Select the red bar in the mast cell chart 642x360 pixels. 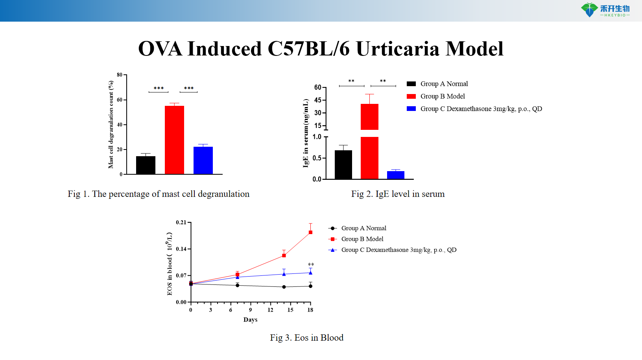coord(174,140)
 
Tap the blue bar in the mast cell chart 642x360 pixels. coord(203,160)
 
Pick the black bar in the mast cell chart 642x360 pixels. coord(146,165)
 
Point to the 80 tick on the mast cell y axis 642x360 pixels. coord(120,75)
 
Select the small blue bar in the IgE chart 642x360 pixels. coord(395,175)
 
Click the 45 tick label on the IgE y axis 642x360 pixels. coord(318,100)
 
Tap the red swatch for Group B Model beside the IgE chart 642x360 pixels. coord(411,96)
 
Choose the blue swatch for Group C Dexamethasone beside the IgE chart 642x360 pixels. coord(411,109)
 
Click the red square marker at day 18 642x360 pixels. coord(310,232)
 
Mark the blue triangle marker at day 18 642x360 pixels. coord(310,272)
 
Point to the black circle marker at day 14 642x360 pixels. coord(284,287)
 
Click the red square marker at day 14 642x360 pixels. coord(284,255)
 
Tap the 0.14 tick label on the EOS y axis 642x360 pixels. coord(181,249)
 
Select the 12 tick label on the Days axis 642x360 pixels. coord(270,310)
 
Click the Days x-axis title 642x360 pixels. coord(250,319)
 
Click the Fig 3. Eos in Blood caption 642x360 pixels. coord(306,338)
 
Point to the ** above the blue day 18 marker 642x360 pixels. coord(311,265)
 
